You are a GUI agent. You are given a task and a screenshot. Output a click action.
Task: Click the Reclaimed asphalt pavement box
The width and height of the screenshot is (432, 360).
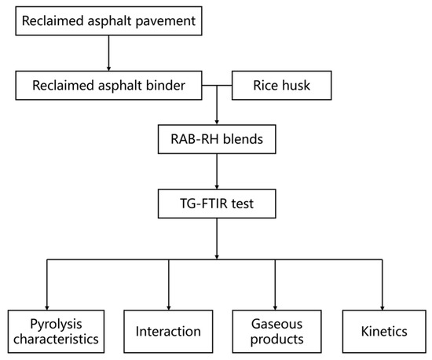pyautogui.click(x=108, y=19)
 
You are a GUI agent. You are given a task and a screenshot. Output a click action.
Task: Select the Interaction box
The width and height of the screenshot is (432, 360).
pyautogui.click(x=169, y=331)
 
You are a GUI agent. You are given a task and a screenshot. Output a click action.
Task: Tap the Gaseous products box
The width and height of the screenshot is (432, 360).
pyautogui.click(x=275, y=331)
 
